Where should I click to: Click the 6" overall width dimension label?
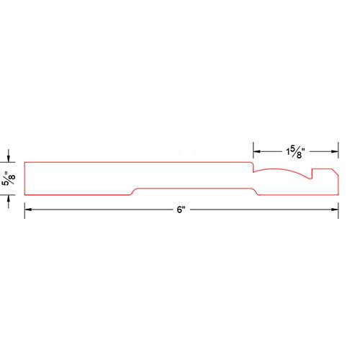tap(181, 210)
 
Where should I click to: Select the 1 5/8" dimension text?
tap(295, 152)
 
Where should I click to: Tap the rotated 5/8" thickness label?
tap(9, 179)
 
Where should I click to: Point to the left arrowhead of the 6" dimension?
tap(28, 210)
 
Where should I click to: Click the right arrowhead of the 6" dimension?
tap(335, 210)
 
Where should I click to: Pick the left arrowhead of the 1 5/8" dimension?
tap(257, 151)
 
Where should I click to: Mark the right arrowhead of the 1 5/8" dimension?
tap(335, 151)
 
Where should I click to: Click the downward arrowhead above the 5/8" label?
tap(9, 158)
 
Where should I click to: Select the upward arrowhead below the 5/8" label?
tap(9, 199)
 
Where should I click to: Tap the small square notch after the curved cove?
tap(312, 174)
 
